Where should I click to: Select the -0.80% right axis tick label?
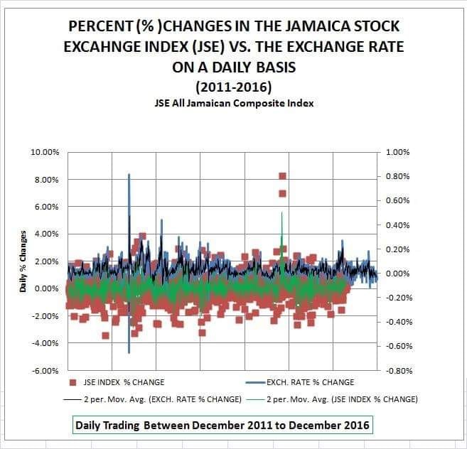[397, 370]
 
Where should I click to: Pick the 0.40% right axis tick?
[399, 225]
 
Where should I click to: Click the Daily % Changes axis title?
[23, 261]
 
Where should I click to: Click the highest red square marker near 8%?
[282, 176]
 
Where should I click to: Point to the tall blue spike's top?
[129, 174]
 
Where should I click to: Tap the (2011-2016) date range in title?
[235, 88]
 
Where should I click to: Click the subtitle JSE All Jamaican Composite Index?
[235, 103]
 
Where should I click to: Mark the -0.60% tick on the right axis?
[397, 346]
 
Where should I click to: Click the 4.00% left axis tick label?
[47, 234]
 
